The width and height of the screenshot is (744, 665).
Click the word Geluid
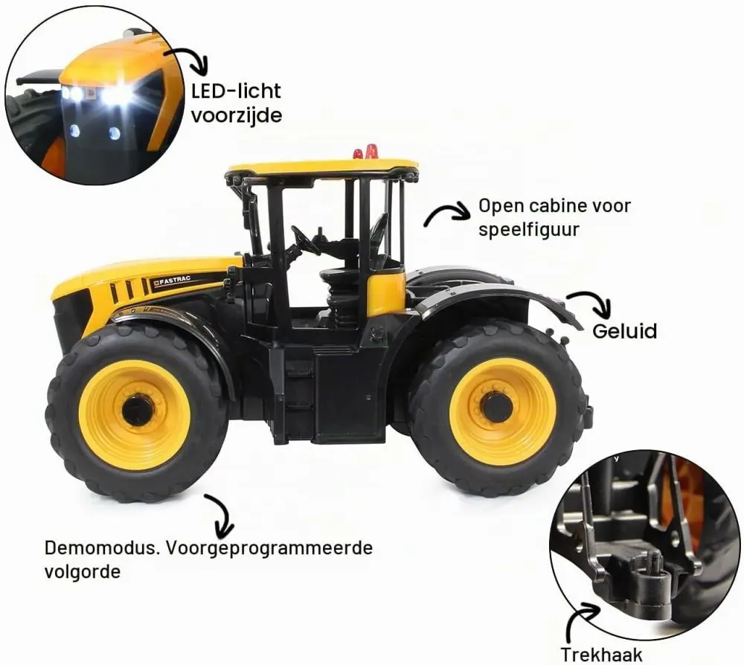(x=624, y=330)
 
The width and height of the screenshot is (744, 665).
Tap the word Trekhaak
(x=601, y=655)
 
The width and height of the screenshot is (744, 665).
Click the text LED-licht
(x=236, y=91)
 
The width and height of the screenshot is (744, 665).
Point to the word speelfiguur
(x=528, y=230)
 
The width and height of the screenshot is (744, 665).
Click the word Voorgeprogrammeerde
(x=269, y=549)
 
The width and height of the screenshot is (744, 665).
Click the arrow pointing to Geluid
(x=591, y=303)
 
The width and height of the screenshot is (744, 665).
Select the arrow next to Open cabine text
(x=446, y=213)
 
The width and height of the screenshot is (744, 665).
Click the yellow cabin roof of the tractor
(x=323, y=168)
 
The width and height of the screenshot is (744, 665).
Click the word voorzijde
(x=237, y=115)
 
